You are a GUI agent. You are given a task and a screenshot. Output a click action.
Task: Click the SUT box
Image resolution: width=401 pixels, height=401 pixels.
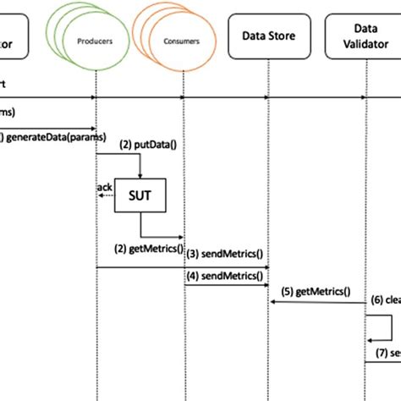[140, 195]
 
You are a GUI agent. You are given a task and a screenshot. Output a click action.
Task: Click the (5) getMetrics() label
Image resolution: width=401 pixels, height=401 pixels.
[317, 292]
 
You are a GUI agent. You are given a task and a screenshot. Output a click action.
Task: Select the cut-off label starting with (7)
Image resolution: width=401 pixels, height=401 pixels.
[386, 353]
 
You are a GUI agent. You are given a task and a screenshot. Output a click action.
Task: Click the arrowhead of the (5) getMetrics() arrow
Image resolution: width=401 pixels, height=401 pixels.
[273, 301]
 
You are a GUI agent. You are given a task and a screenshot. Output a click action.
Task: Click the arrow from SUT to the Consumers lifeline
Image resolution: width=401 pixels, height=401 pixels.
[161, 237]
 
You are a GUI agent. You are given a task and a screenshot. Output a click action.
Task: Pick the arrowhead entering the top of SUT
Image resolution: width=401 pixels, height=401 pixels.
[140, 175]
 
